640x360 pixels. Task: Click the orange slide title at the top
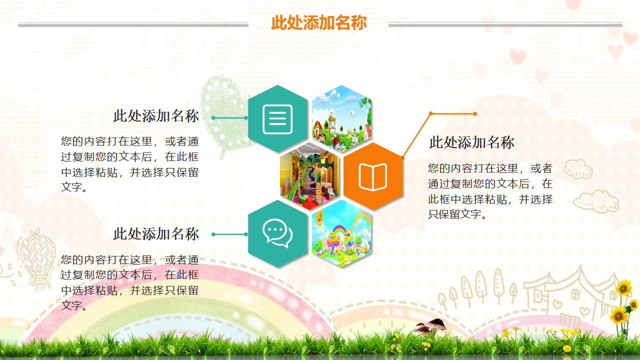319,23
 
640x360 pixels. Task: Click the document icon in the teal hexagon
277,119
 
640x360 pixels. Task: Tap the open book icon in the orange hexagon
373,176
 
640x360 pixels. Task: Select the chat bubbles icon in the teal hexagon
277,233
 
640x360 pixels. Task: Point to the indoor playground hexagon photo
309,176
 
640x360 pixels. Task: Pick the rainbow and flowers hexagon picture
342,233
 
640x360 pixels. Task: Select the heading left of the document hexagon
156,116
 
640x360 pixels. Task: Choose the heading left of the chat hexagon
156,234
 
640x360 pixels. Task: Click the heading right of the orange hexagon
471,142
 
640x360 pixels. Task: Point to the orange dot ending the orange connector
475,114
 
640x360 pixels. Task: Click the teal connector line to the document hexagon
230,118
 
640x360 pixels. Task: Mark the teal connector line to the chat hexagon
230,234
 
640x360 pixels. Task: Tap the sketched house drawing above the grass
570,295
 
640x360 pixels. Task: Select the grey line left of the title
133,25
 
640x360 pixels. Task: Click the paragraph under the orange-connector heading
490,191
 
